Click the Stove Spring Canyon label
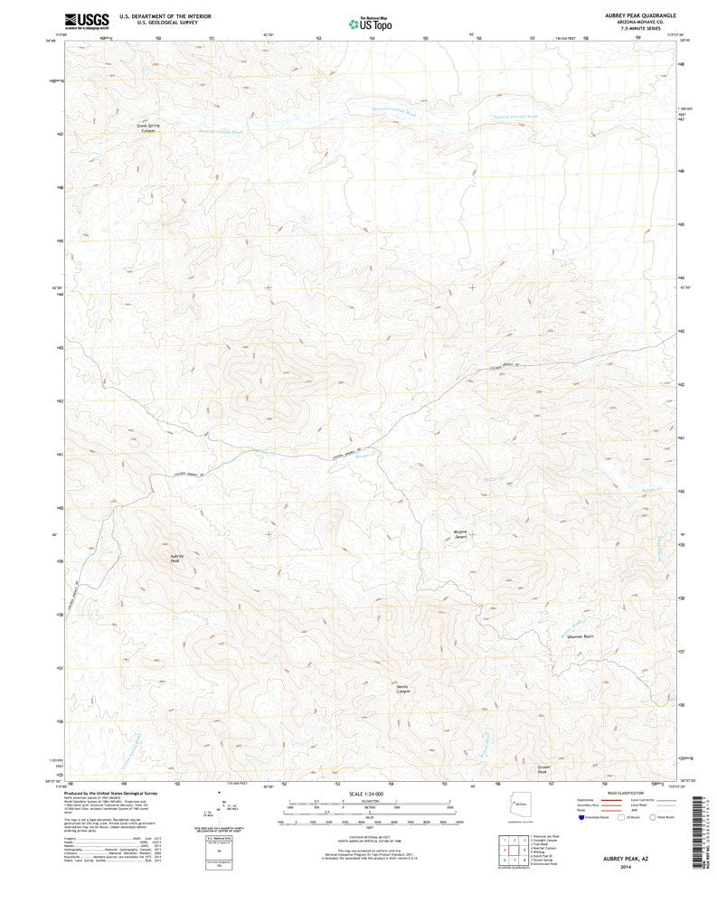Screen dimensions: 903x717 pos(146,128)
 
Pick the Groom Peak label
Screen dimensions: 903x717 pos(542,769)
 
